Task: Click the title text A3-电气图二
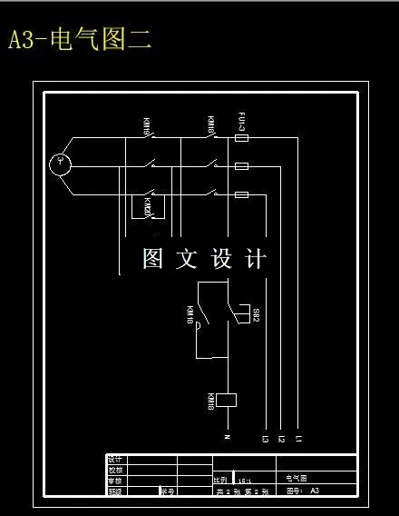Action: pyautogui.click(x=80, y=40)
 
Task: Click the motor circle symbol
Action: pyautogui.click(x=61, y=164)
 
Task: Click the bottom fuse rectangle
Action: pyautogui.click(x=242, y=194)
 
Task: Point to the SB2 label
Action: pyautogui.click(x=256, y=315)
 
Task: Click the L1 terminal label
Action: pyautogui.click(x=298, y=441)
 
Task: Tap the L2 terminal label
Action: pyautogui.click(x=281, y=441)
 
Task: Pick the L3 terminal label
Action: pyautogui.click(x=265, y=441)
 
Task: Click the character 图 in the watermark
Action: pyautogui.click(x=152, y=259)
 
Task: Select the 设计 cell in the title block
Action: pyautogui.click(x=114, y=460)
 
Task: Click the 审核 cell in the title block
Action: pyautogui.click(x=114, y=481)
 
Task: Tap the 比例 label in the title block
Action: pyautogui.click(x=219, y=480)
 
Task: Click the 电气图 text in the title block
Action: pyautogui.click(x=297, y=477)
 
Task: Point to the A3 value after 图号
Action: pyautogui.click(x=315, y=491)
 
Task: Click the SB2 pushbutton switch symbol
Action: pyautogui.click(x=240, y=314)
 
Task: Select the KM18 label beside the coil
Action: pyautogui.click(x=210, y=400)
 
